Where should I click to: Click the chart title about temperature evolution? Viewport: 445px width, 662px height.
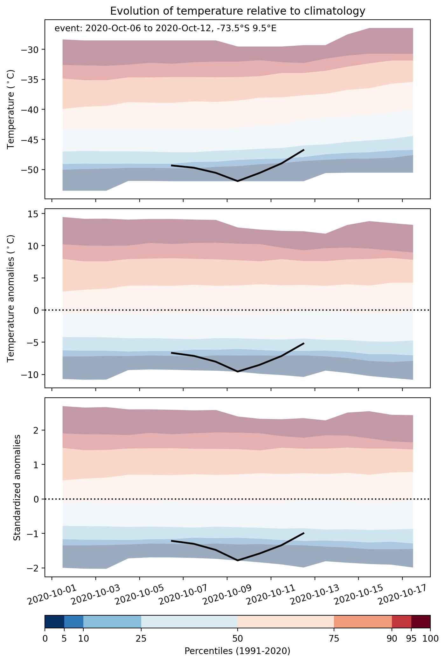[x=237, y=11]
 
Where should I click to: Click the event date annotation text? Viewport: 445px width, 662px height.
[x=165, y=29]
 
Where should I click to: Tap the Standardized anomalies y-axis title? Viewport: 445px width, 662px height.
[x=17, y=487]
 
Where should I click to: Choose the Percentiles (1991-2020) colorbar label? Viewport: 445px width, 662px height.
[x=237, y=652]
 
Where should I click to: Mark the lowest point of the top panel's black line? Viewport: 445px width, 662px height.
[x=237, y=181]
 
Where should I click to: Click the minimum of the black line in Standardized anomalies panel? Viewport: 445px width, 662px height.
[x=237, y=560]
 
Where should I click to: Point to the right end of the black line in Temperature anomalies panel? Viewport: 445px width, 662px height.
[x=304, y=343]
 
